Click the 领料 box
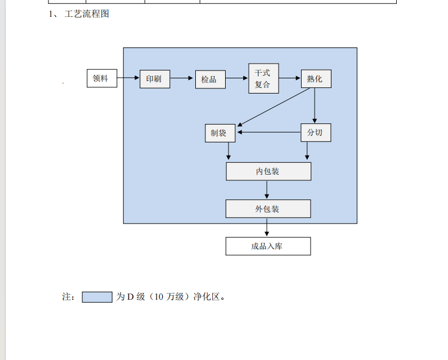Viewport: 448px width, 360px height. (102, 78)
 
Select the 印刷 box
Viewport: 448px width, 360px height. (155, 79)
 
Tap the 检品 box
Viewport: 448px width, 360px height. (210, 79)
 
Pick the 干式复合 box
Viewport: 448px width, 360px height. (263, 78)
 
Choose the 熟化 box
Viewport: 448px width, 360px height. (316, 79)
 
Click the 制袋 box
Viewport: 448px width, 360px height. (219, 133)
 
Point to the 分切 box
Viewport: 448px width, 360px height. (316, 133)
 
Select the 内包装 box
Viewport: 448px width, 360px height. (268, 171)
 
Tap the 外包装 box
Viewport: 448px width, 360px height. (268, 209)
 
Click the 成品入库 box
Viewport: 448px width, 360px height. (268, 246)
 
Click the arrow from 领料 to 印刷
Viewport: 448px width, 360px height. (128, 78)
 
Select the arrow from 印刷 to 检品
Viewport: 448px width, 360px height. (182, 79)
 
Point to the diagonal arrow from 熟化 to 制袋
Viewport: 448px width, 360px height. (276, 106)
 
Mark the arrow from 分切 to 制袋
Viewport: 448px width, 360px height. (268, 133)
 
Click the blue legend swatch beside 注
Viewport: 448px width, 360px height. (97, 297)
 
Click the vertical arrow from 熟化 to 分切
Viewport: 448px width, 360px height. (315, 106)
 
